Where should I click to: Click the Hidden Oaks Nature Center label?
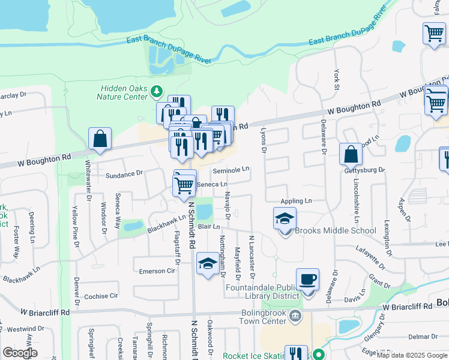click(x=124, y=92)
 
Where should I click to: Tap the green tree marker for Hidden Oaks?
click(x=157, y=91)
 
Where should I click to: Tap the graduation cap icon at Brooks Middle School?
click(x=285, y=218)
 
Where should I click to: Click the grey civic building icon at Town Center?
click(x=294, y=316)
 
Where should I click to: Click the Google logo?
click(x=20, y=353)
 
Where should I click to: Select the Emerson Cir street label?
click(x=156, y=271)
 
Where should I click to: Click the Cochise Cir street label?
click(x=101, y=296)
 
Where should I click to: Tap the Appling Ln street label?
click(x=297, y=201)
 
